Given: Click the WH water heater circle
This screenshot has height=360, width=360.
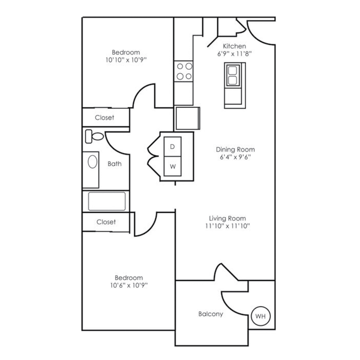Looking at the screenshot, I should coord(260,316).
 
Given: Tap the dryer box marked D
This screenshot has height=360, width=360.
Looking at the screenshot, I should coord(172,147).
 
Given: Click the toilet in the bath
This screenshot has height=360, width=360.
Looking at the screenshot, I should coord(94,136).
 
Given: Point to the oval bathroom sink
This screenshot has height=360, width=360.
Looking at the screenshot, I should coord(92,162).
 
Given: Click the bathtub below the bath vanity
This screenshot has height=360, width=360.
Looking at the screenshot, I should coord(106,201).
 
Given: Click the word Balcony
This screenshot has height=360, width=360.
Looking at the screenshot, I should coord(211,314).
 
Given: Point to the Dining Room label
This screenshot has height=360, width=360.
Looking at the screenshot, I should coord(235,149).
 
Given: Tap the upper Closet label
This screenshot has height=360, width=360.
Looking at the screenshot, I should coord(104,118).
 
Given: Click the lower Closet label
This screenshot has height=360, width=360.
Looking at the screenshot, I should coord(106,222).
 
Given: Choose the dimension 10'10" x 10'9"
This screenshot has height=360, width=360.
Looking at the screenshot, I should coord(126,60).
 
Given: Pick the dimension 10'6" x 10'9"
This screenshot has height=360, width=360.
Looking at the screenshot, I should coord(128,285).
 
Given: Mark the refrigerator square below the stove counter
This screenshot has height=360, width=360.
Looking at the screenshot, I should coord(187,118).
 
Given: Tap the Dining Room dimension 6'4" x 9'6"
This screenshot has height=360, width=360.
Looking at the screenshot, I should coord(235,157).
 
